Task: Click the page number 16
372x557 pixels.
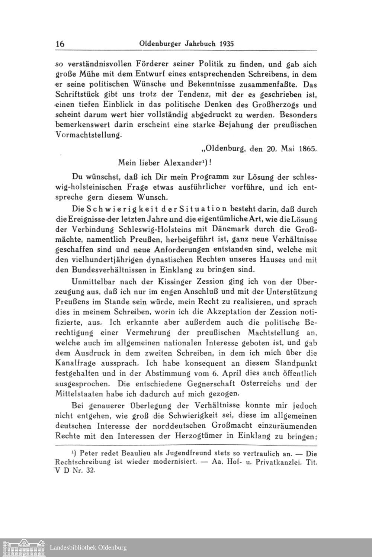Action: point(60,44)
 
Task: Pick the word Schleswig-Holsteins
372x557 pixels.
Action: point(136,229)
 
